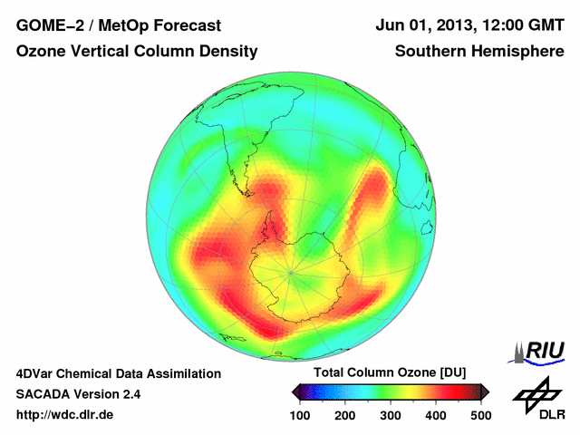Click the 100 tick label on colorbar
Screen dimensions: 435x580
click(300, 414)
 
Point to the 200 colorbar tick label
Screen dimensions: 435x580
click(345, 414)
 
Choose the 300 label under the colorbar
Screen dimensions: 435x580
click(391, 414)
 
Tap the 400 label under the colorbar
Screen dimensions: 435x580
click(435, 414)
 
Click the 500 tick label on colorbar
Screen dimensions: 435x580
click(480, 414)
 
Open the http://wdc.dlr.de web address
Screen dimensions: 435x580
click(65, 415)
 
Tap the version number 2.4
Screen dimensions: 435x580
click(128, 394)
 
